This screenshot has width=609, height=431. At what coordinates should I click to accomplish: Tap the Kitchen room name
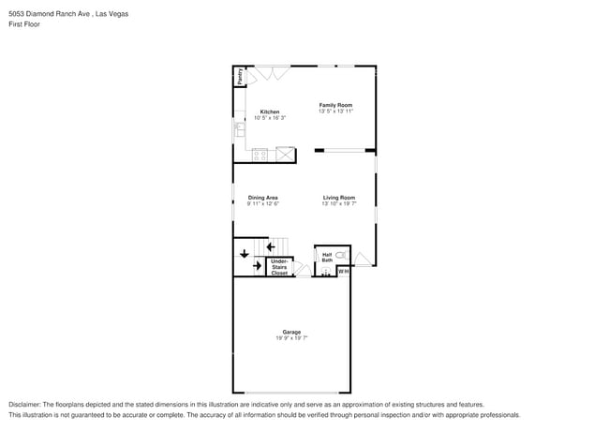click(x=270, y=111)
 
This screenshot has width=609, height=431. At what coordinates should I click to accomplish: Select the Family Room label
click(x=335, y=105)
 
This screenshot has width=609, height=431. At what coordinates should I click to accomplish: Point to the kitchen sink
click(x=240, y=129)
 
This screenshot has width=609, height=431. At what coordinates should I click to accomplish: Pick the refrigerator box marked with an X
click(x=285, y=155)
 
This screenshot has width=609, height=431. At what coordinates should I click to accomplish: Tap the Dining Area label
click(x=262, y=198)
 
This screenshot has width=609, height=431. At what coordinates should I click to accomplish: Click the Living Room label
click(x=339, y=198)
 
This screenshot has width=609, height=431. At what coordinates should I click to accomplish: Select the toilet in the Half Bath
click(x=341, y=255)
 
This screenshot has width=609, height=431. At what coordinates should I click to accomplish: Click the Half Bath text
click(x=327, y=257)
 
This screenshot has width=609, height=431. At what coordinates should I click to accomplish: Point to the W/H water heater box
click(x=343, y=272)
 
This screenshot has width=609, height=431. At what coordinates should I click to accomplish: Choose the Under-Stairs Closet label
click(x=279, y=267)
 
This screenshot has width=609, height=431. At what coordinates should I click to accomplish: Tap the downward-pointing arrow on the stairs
click(x=245, y=252)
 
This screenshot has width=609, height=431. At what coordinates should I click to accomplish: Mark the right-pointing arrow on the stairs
click(x=257, y=266)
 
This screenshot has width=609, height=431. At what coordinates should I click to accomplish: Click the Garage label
click(x=291, y=332)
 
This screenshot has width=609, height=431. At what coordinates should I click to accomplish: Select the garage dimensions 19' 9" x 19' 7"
click(x=291, y=338)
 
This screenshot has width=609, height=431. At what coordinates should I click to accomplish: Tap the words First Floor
click(x=23, y=24)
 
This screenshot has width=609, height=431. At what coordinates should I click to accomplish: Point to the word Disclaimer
click(x=25, y=404)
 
